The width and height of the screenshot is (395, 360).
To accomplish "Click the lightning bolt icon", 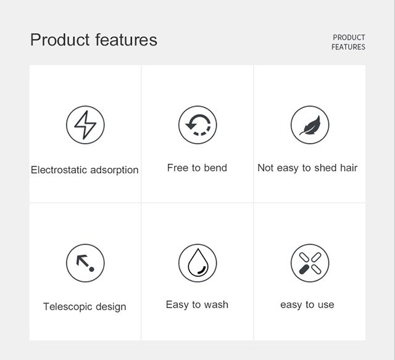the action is (85, 125).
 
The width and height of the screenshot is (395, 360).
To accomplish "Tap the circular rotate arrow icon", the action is (197, 125).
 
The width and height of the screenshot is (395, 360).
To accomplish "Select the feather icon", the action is (310, 125).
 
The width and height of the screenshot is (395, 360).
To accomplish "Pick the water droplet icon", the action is (197, 263).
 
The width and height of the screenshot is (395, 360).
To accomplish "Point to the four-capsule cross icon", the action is (310, 263).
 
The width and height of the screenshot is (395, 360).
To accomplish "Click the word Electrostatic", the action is (59, 170).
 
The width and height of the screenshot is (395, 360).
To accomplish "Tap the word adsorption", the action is (114, 170).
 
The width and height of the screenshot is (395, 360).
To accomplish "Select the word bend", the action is (215, 168).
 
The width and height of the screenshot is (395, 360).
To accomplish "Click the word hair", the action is (349, 168).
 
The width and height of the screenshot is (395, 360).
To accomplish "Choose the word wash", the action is (216, 305).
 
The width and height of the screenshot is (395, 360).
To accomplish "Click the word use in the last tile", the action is (326, 305).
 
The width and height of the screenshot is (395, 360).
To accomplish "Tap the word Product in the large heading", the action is (60, 39).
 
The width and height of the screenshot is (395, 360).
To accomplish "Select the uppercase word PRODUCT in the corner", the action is (349, 38).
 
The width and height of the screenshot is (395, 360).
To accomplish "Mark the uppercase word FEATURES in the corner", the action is (348, 47).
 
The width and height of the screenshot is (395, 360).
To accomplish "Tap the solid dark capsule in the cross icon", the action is (304, 269).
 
